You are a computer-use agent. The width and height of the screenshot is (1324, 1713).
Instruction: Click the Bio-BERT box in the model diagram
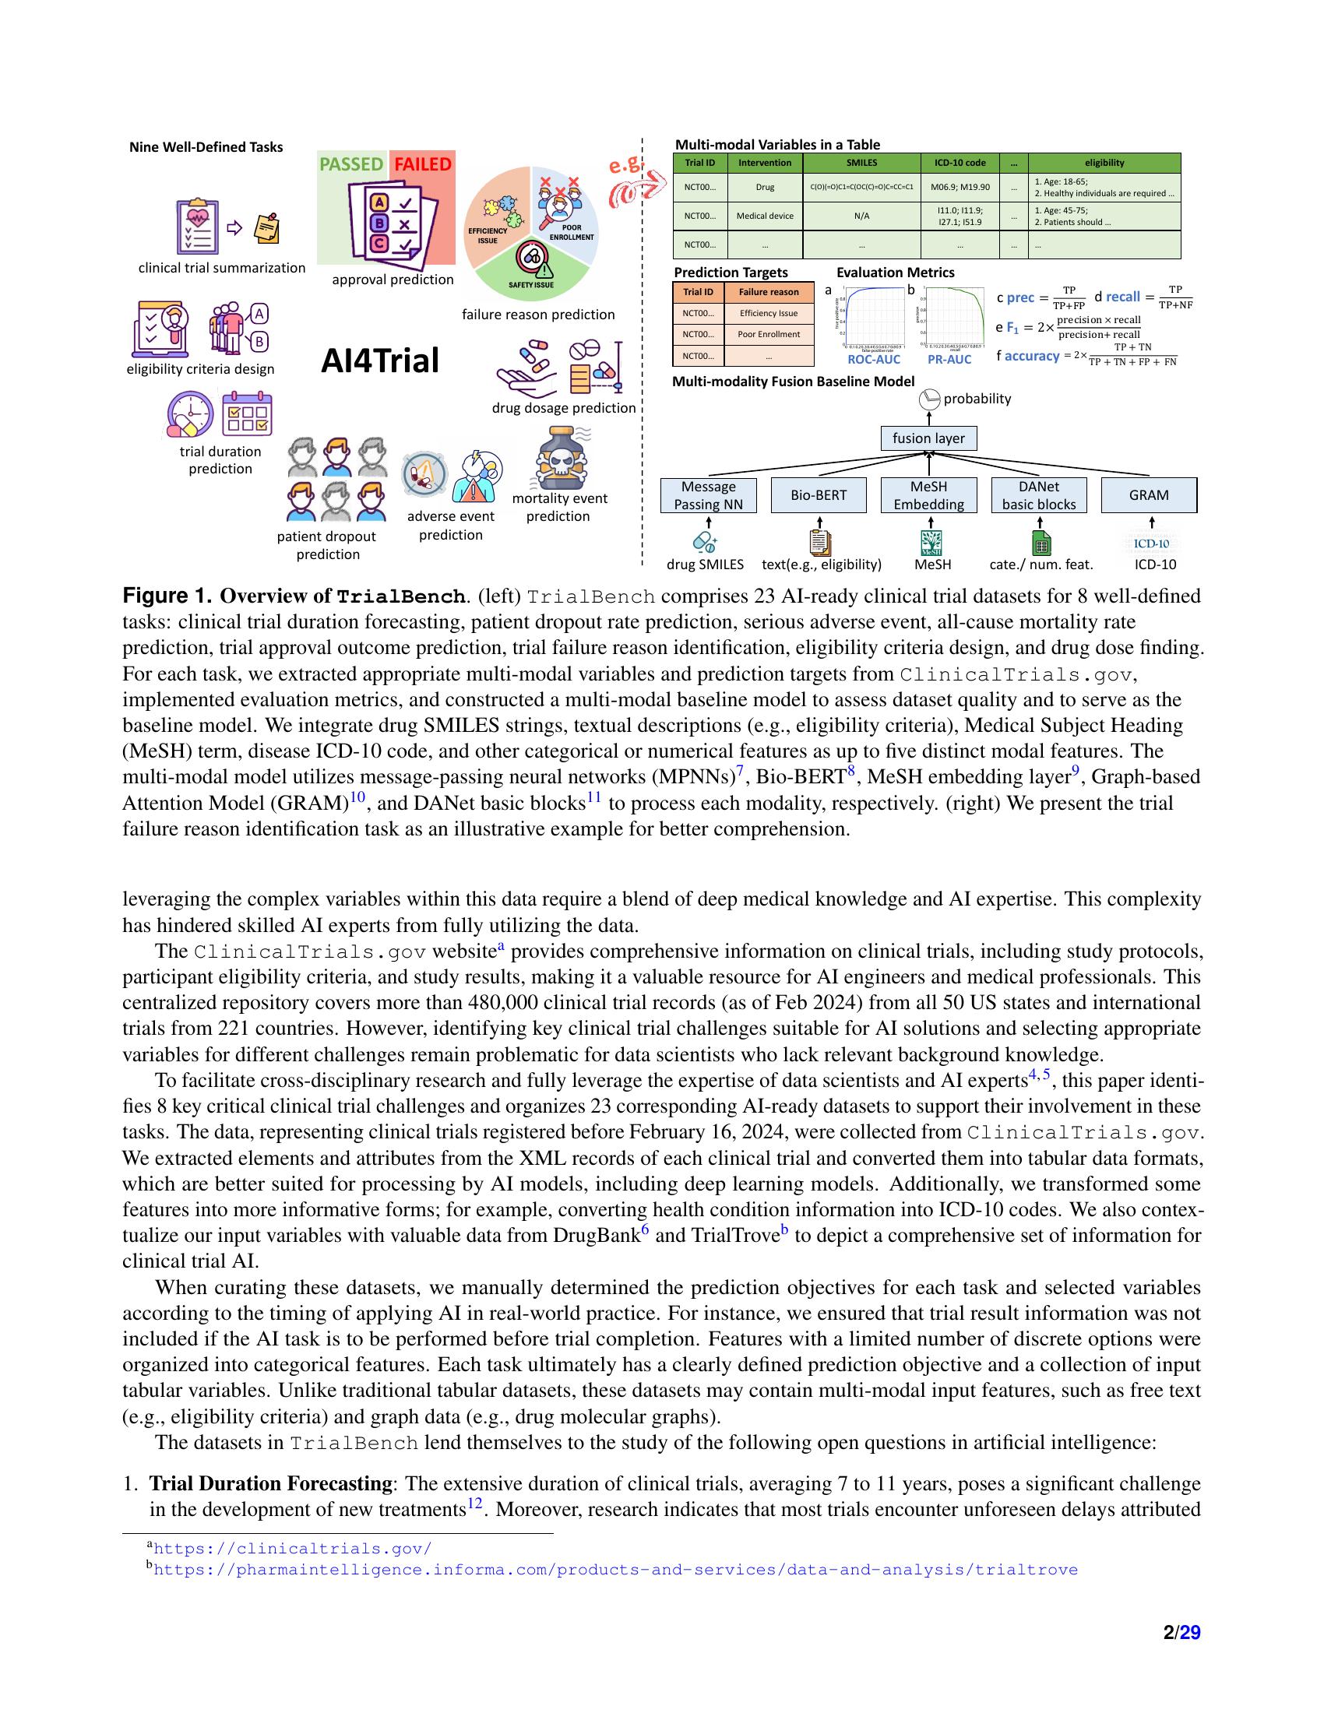pos(819,495)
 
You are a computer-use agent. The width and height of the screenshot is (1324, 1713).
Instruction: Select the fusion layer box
pos(928,438)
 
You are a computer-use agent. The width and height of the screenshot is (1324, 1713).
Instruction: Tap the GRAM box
pos(1149,495)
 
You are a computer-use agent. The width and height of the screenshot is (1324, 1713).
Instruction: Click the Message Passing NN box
pos(708,495)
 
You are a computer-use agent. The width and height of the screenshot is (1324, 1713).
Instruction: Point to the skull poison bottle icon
pos(559,456)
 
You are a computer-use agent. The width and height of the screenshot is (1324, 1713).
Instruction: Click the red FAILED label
pos(423,164)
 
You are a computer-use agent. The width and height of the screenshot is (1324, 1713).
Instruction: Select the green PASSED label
pos(350,164)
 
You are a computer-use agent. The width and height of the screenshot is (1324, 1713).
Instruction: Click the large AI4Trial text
pos(380,361)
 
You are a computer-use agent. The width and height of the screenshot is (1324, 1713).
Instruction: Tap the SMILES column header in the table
pos(861,163)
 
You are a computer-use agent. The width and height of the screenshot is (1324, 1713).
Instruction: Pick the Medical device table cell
pos(765,216)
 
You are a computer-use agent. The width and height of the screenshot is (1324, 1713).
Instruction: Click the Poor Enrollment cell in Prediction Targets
pos(768,334)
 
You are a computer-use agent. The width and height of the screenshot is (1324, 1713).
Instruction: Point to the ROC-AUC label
pos(874,359)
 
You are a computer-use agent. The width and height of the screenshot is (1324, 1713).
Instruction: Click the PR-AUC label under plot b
pos(949,359)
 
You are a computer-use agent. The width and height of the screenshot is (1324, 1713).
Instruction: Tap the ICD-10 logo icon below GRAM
pos(1151,543)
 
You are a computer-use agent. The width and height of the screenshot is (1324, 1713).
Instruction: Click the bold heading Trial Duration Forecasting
pos(270,1483)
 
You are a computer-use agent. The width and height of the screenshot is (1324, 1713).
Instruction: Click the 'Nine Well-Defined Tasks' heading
pos(206,147)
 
